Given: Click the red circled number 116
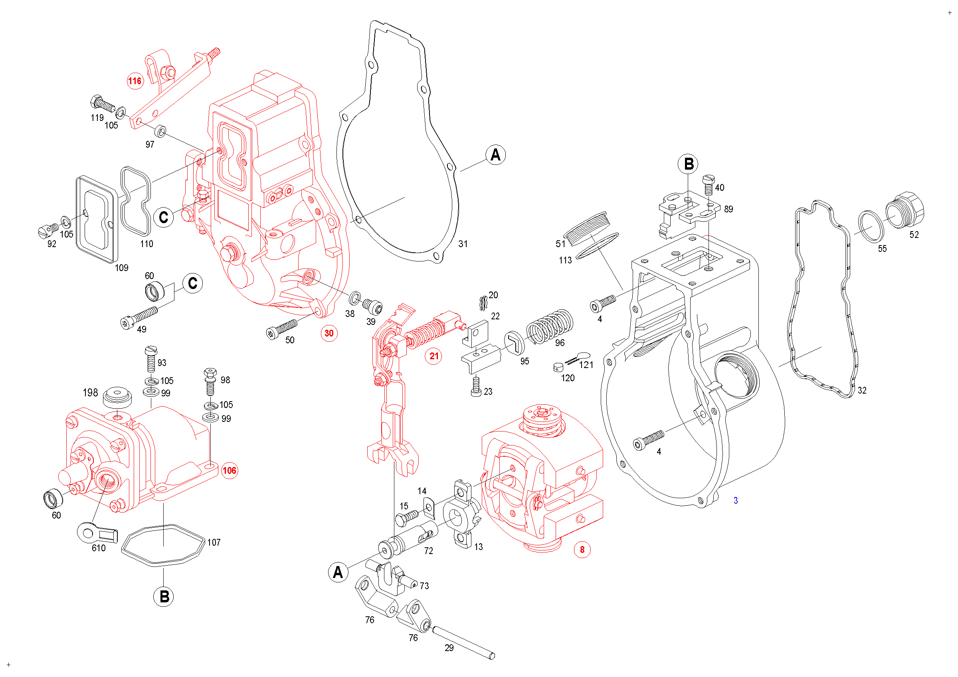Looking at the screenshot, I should click(x=135, y=81).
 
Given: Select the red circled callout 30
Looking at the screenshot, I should click(x=329, y=333).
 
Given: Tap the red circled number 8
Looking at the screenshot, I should click(x=582, y=550).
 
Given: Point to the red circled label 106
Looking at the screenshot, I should click(x=229, y=471).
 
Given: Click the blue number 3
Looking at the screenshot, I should click(x=736, y=501).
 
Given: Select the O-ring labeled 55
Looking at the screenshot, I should click(x=871, y=226).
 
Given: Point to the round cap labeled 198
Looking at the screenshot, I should click(x=117, y=396).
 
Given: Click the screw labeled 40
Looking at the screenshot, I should click(x=709, y=185).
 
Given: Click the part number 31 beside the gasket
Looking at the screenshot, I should click(x=463, y=244).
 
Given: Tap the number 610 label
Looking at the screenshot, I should click(x=99, y=548).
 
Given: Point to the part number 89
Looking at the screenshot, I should click(x=728, y=209).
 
